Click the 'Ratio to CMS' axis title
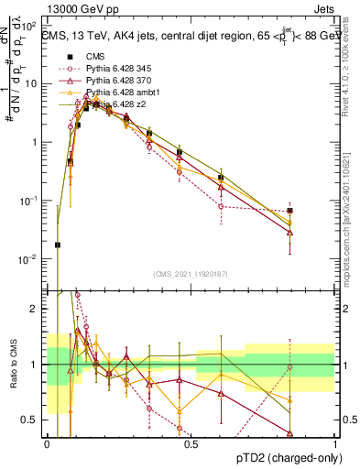coord(14,363)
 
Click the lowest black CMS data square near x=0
coord(58,245)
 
